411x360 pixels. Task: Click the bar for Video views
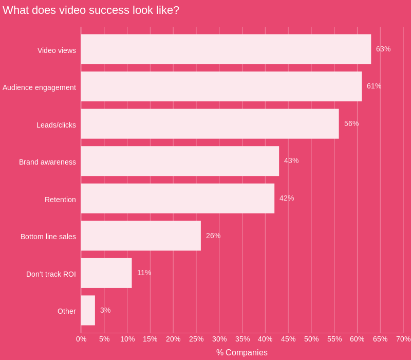226,49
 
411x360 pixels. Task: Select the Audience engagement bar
221,86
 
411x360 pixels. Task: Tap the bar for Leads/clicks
210,124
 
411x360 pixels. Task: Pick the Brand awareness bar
180,161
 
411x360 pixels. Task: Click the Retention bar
178,199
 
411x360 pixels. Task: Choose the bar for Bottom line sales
141,236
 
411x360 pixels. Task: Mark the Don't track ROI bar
106,273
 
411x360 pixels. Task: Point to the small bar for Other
88,310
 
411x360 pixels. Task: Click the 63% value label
383,49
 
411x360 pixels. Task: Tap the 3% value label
105,310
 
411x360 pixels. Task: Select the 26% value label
213,236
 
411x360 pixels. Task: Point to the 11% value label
144,273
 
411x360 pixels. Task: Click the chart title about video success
91,10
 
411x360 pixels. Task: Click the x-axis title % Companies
241,352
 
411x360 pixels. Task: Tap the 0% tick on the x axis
81,339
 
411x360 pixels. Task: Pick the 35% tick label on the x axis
242,339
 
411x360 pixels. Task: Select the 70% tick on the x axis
403,339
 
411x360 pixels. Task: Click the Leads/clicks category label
56,125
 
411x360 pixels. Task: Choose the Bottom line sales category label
48,237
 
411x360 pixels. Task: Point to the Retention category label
60,200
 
